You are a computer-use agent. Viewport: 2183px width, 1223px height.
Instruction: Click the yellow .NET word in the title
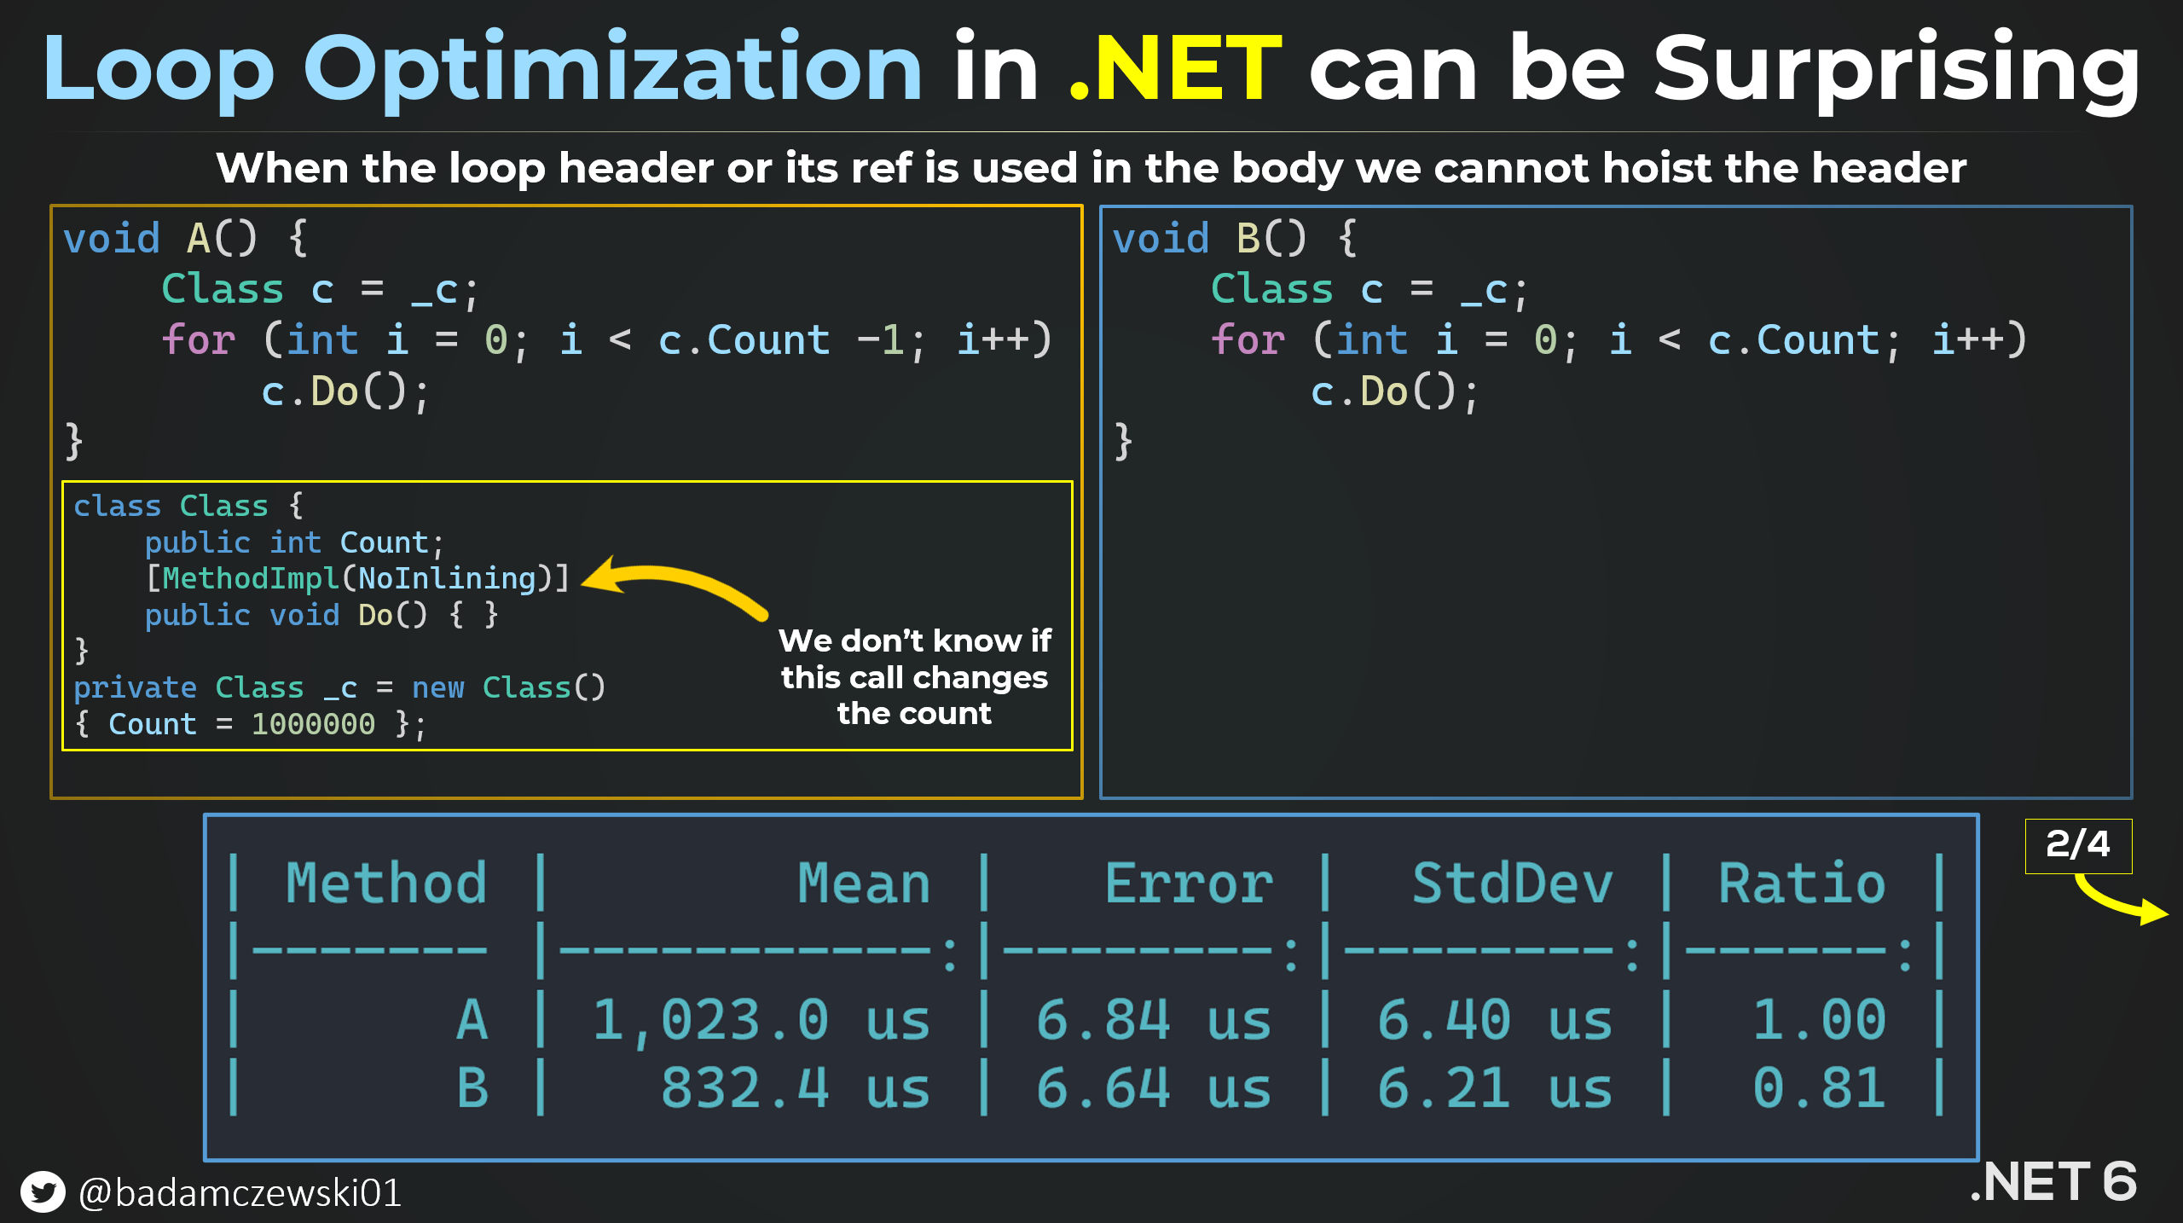pyautogui.click(x=1175, y=68)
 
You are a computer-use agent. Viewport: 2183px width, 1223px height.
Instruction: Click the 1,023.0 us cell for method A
pyautogui.click(x=761, y=1020)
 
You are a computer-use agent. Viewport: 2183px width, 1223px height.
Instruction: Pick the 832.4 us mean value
pyautogui.click(x=796, y=1088)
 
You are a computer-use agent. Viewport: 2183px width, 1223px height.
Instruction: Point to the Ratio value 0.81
pyautogui.click(x=1819, y=1088)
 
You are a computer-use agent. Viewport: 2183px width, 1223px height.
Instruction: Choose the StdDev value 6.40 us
pyautogui.click(x=1495, y=1020)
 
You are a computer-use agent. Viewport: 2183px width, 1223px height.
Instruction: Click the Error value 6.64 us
pyautogui.click(x=1154, y=1088)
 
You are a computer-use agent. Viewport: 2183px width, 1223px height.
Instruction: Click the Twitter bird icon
pyautogui.click(x=43, y=1191)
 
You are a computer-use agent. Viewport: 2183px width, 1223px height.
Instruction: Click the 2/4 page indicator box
pyautogui.click(x=2078, y=845)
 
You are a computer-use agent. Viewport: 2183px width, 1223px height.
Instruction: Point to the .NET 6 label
pyautogui.click(x=2053, y=1182)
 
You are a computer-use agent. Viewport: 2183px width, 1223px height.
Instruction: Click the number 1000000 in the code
pyautogui.click(x=313, y=724)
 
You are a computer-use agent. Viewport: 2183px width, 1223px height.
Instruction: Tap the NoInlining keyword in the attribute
pyautogui.click(x=447, y=578)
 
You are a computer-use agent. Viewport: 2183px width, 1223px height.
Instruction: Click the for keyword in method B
pyautogui.click(x=1248, y=340)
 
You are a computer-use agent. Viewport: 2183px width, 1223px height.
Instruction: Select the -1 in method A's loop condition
pyautogui.click(x=880, y=340)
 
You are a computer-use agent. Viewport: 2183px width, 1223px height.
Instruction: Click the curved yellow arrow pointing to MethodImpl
pyautogui.click(x=682, y=580)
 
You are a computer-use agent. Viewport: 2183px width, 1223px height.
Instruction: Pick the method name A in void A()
pyautogui.click(x=199, y=239)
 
